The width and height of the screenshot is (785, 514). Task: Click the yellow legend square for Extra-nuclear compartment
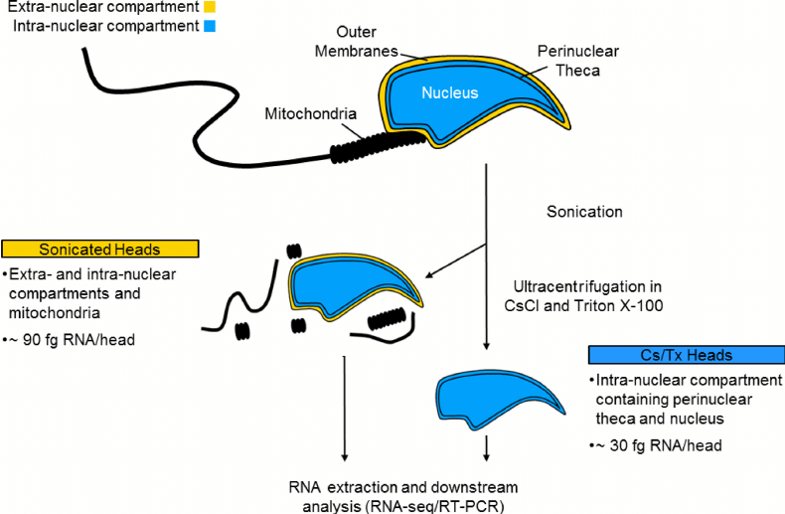point(210,7)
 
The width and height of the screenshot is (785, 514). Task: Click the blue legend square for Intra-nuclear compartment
point(210,26)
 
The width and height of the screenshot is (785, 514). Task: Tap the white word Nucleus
point(449,92)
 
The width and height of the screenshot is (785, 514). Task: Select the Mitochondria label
point(310,113)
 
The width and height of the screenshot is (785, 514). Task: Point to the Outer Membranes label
point(356,41)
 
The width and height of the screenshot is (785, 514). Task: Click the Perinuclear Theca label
point(577,61)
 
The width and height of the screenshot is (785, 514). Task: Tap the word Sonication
point(584,212)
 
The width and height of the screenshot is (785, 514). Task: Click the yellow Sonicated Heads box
point(100,249)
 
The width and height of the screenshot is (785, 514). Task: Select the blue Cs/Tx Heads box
point(687,355)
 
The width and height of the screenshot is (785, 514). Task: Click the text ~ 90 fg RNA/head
point(70,340)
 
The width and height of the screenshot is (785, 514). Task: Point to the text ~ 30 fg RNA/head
point(656,445)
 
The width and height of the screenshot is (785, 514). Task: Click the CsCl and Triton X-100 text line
point(583,305)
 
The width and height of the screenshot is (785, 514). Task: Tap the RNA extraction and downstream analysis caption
point(403,496)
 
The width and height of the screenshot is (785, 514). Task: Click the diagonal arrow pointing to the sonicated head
point(455,260)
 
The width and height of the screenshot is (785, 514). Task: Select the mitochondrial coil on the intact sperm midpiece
point(378,146)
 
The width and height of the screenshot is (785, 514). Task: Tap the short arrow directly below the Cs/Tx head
point(486,447)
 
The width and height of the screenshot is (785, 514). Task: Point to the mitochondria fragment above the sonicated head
point(294,251)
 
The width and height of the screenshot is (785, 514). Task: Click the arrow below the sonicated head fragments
point(344,409)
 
